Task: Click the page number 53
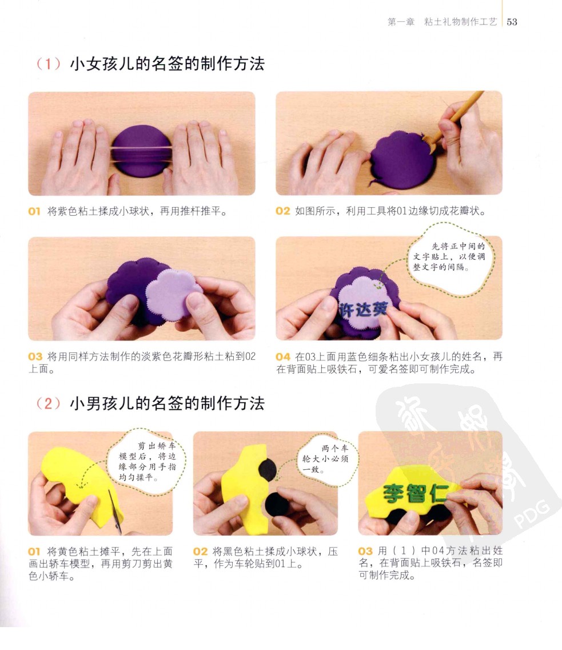point(512,22)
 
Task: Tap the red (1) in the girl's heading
point(49,64)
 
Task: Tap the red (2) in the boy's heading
point(49,403)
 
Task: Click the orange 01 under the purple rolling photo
point(34,211)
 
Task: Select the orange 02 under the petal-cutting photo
point(283,211)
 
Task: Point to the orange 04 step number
point(283,356)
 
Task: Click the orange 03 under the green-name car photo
point(365,552)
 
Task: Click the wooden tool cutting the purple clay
point(456,118)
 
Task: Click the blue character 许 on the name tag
point(346,310)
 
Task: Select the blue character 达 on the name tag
point(363,310)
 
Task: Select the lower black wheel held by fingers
point(277,504)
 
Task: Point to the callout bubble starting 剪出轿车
point(147,462)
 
